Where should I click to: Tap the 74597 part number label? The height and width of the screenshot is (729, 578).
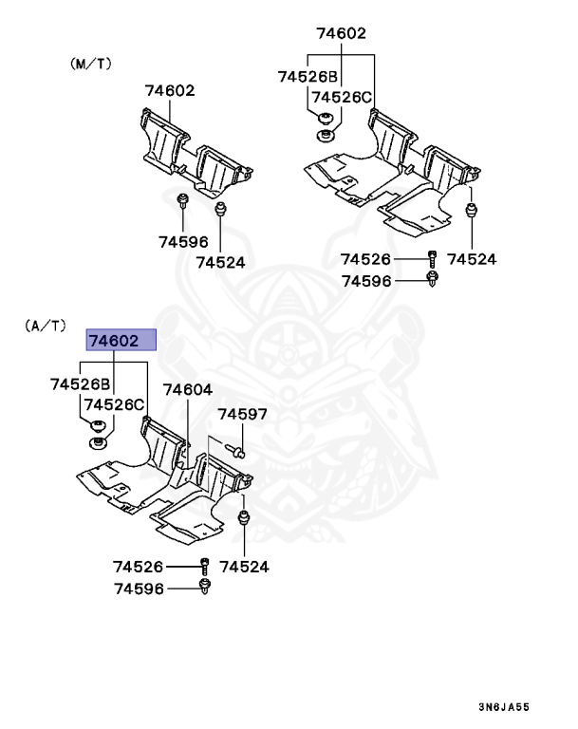point(242,414)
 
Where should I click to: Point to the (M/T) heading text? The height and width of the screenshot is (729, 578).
point(92,64)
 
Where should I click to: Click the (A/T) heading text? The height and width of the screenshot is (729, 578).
point(46,326)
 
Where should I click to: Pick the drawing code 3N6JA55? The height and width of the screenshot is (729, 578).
point(503,706)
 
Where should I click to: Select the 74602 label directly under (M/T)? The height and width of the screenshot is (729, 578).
point(170,91)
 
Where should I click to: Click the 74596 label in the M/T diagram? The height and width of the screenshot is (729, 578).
point(183,242)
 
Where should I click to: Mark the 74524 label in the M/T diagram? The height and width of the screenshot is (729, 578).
point(221,262)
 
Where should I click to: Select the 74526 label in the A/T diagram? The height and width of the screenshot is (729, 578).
point(139,567)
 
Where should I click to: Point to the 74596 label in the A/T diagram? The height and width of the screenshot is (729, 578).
point(139,589)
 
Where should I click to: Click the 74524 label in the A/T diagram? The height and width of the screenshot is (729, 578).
point(245,567)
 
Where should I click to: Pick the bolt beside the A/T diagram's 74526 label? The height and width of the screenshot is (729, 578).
point(205,567)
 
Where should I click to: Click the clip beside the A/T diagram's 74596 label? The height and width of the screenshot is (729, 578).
point(205,589)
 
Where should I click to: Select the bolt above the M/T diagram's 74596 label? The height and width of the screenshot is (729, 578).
point(182,202)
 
